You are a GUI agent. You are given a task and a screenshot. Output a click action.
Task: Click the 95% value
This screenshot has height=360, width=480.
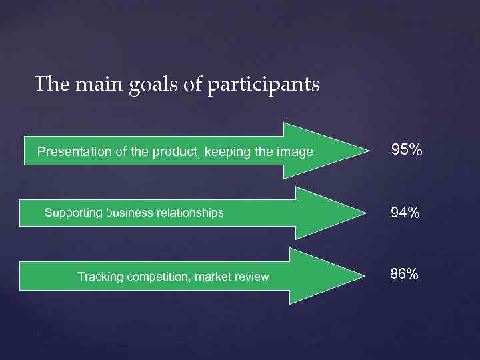point(406,150)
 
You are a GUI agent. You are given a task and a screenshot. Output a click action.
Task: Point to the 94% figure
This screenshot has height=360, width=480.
point(405,213)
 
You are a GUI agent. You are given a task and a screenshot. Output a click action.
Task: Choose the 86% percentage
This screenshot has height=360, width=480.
point(405,274)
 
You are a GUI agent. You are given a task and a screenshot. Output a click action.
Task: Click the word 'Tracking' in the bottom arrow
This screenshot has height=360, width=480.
point(98,277)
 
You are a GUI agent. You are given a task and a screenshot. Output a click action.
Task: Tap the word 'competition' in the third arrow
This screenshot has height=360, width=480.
point(155,277)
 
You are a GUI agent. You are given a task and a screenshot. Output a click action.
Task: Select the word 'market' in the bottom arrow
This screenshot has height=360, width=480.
point(213,277)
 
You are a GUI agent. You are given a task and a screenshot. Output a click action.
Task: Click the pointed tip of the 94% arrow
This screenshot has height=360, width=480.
point(365,213)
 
